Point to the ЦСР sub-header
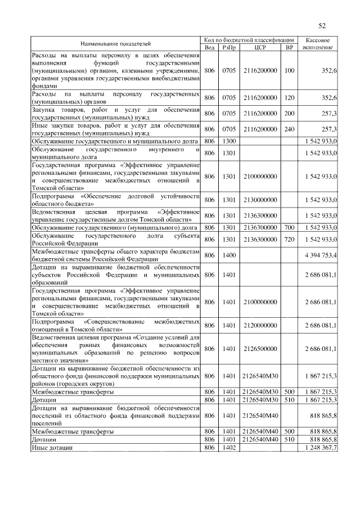[x=260, y=47]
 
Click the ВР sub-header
[x=289, y=47]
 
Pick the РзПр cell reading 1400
[x=228, y=255]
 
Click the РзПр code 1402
[x=228, y=447]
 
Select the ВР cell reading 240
[x=289, y=129]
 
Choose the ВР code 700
[x=289, y=227]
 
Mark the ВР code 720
[x=289, y=239]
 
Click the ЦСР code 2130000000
[x=260, y=200]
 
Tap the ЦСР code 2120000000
[x=260, y=326]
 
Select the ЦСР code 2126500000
[x=260, y=349]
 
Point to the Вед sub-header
[x=209, y=47]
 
